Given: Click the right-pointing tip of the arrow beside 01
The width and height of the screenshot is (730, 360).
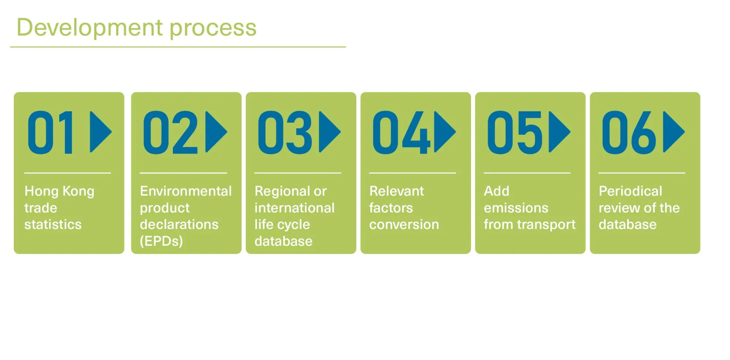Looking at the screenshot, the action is [112, 132].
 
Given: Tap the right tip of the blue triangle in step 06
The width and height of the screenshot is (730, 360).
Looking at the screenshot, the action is [685, 132].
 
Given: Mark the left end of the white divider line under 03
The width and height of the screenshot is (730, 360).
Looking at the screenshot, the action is [254, 173].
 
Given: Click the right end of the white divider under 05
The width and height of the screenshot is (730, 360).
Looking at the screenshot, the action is [570, 173].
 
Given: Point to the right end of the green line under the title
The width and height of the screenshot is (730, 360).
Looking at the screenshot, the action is [346, 47].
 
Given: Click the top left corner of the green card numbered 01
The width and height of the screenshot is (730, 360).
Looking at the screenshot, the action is [14, 92].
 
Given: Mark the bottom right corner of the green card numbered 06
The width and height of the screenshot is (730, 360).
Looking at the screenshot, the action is [700, 253].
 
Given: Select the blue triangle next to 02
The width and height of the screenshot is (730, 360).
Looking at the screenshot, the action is [216, 132].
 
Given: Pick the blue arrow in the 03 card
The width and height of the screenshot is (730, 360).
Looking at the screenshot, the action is [330, 132].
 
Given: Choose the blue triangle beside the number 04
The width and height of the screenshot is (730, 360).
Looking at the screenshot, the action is [445, 132].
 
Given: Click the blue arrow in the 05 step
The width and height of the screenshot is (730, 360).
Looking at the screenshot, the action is [560, 132].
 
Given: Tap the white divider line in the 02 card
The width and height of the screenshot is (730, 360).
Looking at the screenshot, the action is [183, 173].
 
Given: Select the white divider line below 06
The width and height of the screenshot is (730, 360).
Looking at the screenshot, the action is [642, 173].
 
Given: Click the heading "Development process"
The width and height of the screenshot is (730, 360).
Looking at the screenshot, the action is [137, 28].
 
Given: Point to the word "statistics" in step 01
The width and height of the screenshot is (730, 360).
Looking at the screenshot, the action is [53, 224].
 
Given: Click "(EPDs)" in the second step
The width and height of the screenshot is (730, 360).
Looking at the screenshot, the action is [161, 241].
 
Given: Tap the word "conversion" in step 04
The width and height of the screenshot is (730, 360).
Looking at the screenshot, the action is [404, 224].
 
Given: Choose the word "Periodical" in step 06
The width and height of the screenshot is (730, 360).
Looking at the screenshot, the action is [630, 191].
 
